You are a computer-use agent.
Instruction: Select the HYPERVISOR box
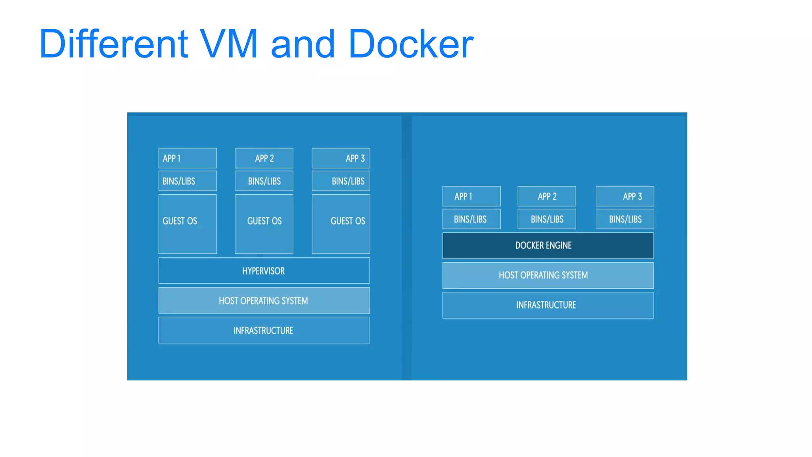pyautogui.click(x=264, y=271)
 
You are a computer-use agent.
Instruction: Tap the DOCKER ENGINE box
pyautogui.click(x=548, y=246)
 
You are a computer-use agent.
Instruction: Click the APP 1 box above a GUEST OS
pyautogui.click(x=188, y=158)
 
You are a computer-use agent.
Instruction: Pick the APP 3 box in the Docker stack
pyautogui.click(x=625, y=196)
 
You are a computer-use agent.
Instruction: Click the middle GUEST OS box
pyautogui.click(x=264, y=224)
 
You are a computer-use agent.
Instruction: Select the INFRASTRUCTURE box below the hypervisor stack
pyautogui.click(x=264, y=330)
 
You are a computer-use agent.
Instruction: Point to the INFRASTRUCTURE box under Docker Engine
pyautogui.click(x=548, y=305)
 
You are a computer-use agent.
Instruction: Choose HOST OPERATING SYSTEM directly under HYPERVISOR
pyautogui.click(x=264, y=300)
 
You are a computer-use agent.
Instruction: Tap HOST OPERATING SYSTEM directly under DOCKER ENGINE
pyautogui.click(x=548, y=275)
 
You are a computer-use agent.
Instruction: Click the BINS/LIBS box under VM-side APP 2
pyautogui.click(x=264, y=181)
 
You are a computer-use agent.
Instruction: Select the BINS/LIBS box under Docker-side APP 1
pyautogui.click(x=471, y=219)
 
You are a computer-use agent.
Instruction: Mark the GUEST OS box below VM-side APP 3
pyautogui.click(x=341, y=224)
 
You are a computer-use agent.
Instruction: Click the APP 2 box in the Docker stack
pyautogui.click(x=547, y=196)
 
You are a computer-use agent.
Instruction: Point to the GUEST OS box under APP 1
pyautogui.click(x=188, y=224)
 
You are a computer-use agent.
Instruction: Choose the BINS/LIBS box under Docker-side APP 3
pyautogui.click(x=625, y=219)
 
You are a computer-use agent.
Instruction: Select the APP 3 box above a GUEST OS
pyautogui.click(x=341, y=158)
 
